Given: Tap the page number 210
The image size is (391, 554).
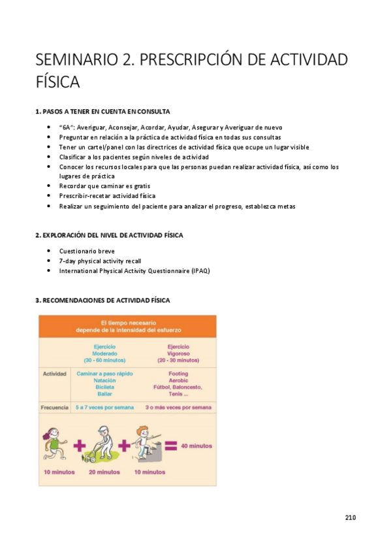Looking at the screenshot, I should point(351,517).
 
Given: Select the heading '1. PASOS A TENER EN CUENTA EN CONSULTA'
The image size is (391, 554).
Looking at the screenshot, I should point(102,111).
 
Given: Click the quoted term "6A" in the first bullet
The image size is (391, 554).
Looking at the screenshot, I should point(67,127).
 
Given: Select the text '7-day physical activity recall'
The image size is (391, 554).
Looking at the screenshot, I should point(100,261).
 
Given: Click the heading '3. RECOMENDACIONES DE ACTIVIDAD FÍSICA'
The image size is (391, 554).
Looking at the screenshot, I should point(102,300).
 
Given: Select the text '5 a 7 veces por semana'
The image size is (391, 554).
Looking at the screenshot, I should point(104,407).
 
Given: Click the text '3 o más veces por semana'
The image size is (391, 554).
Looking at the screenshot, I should point(178,407).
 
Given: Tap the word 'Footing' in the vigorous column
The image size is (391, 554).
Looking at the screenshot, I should point(178,374).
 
